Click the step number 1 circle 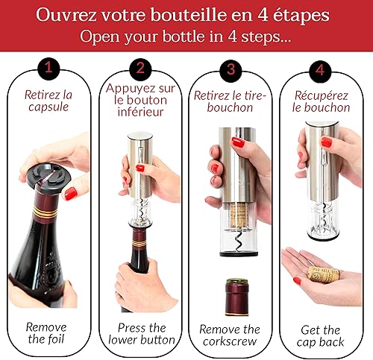[x=48, y=68]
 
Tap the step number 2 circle [x=140, y=69]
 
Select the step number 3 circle [x=231, y=70]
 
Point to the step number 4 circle [x=320, y=71]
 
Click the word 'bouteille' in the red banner [x=189, y=15]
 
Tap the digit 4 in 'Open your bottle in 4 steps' [x=233, y=37]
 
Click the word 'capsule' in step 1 [x=48, y=107]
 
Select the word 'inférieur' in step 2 [x=140, y=112]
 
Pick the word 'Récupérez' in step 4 [x=322, y=95]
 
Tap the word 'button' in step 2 [x=157, y=340]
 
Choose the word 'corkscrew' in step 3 [x=230, y=341]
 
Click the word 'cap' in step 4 [x=305, y=343]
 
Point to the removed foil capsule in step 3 [x=237, y=297]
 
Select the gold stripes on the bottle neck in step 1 [x=46, y=212]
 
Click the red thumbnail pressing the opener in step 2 [x=140, y=168]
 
